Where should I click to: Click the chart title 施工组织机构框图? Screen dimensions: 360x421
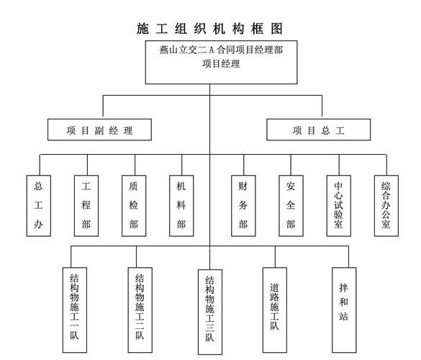tap(209, 29)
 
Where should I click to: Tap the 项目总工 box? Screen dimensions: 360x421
tap(319, 130)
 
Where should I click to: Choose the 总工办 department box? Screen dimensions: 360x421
tap(39, 205)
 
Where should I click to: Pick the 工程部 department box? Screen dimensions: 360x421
tap(86, 205)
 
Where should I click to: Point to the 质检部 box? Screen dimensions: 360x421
tap(134, 205)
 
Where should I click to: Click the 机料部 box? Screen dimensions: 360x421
tap(181, 205)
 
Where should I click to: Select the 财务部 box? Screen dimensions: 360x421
tap(243, 205)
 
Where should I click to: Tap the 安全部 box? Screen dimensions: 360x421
tap(291, 205)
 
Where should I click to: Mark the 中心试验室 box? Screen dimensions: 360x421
tap(338, 205)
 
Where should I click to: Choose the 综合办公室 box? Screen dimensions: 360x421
tap(386, 205)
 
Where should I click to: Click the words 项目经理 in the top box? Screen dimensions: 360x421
tap(221, 64)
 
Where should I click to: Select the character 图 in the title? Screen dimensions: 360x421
tap(272, 29)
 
